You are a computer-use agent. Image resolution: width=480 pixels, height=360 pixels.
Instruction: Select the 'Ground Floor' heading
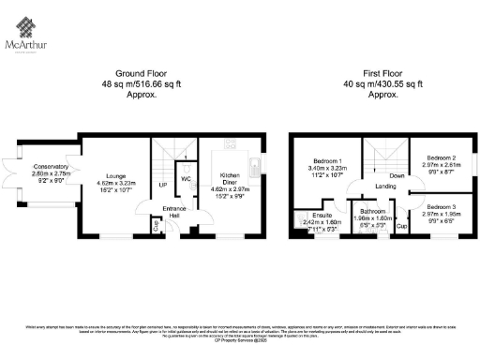tap(140, 73)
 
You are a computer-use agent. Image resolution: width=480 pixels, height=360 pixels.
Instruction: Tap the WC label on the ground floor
tap(186, 178)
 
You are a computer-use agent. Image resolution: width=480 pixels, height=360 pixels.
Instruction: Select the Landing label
tap(385, 186)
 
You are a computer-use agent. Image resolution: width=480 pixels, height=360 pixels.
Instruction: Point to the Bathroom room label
tap(367, 212)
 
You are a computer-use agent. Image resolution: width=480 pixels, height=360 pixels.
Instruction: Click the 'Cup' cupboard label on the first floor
tap(401, 226)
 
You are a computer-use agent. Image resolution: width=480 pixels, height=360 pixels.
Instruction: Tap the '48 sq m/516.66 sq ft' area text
tap(140, 84)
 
